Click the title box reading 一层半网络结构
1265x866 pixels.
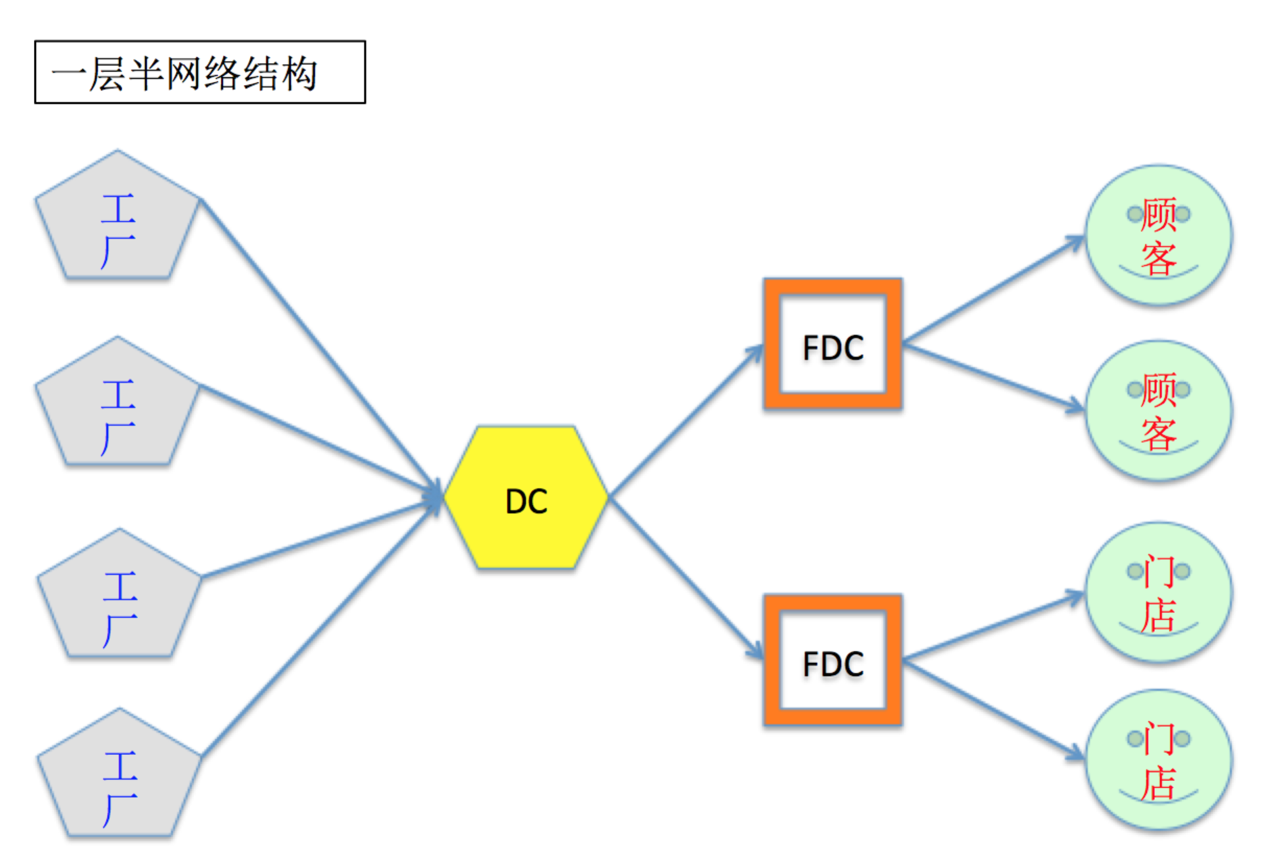(x=200, y=72)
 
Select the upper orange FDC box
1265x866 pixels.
(x=832, y=344)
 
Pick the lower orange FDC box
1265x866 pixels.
(x=832, y=660)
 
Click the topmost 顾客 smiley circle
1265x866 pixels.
(x=1159, y=235)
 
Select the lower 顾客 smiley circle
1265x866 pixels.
(x=1159, y=410)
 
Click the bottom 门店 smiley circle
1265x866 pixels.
(x=1159, y=760)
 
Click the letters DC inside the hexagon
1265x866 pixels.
(x=526, y=501)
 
